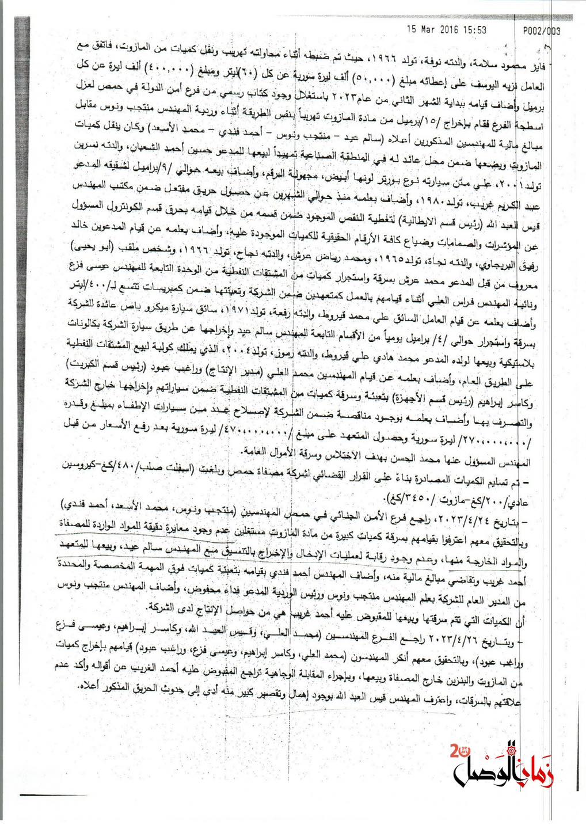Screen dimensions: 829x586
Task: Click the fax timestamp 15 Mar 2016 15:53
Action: [447, 30]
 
